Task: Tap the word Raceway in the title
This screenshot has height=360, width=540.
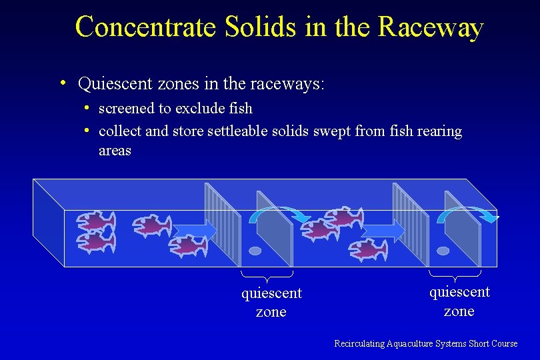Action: click(430, 27)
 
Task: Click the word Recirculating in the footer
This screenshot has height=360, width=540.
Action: click(359, 343)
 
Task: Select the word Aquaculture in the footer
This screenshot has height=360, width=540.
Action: click(409, 343)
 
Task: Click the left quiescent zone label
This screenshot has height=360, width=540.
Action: click(271, 302)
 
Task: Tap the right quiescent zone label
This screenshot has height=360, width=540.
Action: click(459, 301)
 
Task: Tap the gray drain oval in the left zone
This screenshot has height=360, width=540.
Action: click(255, 251)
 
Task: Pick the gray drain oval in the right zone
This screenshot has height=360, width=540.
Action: click(443, 251)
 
